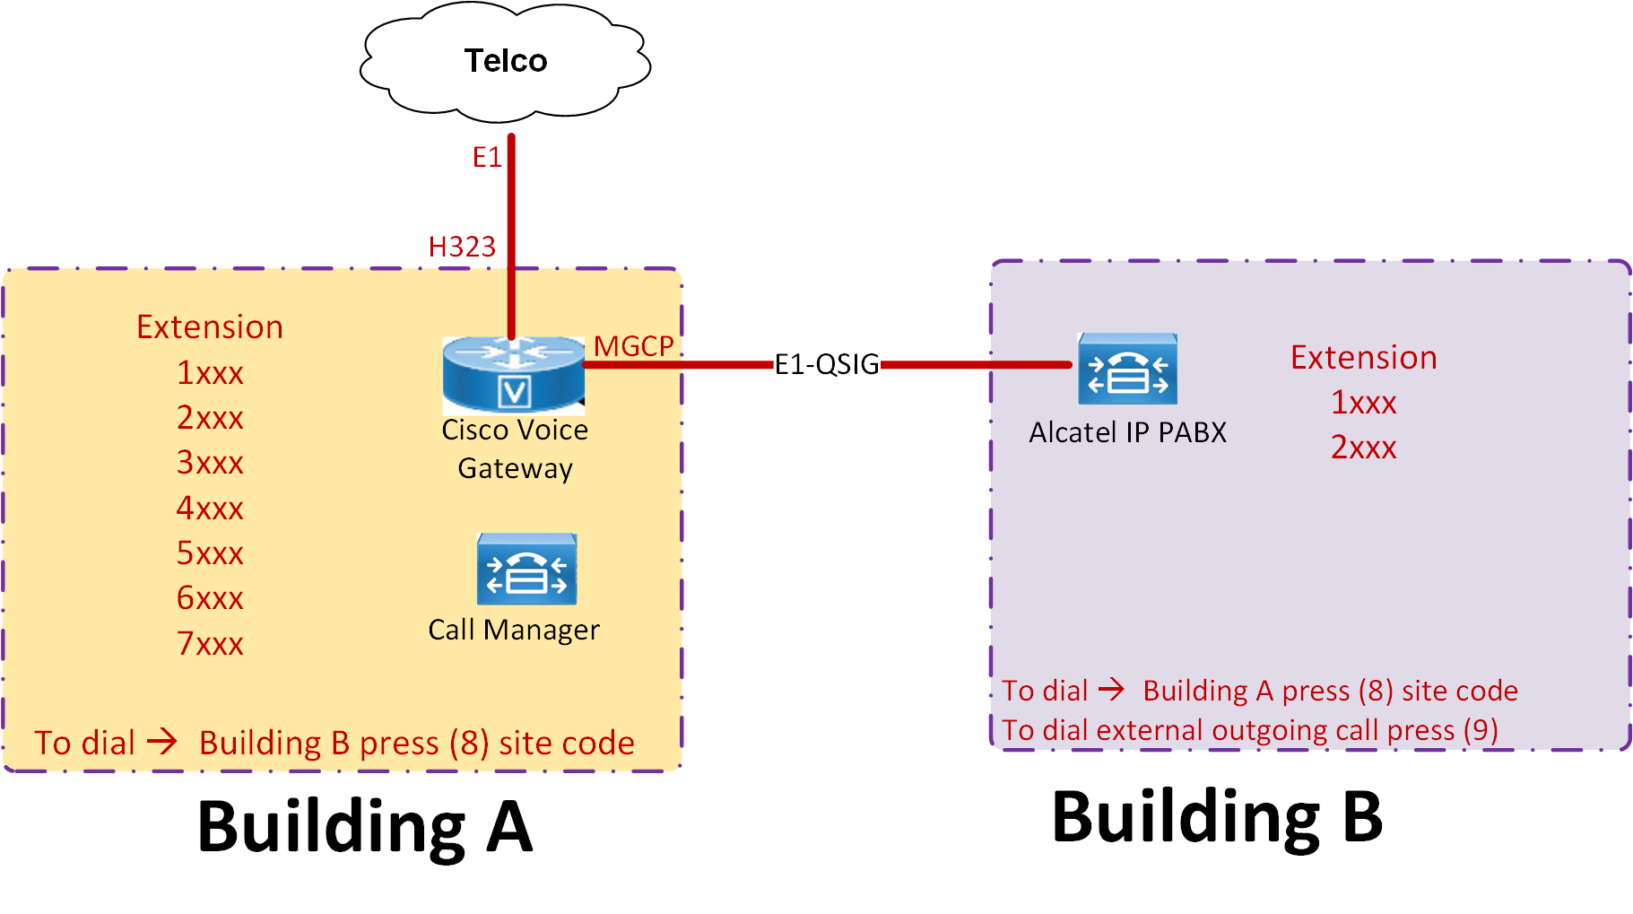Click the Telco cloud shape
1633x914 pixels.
point(505,62)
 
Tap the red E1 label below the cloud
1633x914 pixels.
point(487,158)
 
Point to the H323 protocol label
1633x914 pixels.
point(462,247)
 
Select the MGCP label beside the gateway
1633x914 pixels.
point(633,346)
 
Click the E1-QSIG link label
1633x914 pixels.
point(826,364)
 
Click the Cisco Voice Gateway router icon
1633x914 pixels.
point(514,374)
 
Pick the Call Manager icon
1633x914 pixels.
point(526,570)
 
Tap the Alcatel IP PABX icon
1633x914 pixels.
point(1127,369)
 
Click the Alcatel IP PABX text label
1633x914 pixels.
point(1127,432)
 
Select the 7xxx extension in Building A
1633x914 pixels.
point(210,644)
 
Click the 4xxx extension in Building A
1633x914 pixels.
point(210,509)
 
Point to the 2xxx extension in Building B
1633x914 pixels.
point(1363,447)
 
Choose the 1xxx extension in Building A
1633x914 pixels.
point(210,373)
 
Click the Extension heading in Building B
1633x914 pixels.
point(1363,358)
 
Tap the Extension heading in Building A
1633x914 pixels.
point(210,327)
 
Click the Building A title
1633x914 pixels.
point(364,827)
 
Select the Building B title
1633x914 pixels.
point(1217,818)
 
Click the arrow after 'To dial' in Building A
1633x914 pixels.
point(162,742)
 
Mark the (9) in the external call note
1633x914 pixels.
point(1480,730)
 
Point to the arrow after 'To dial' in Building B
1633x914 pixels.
point(1111,690)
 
